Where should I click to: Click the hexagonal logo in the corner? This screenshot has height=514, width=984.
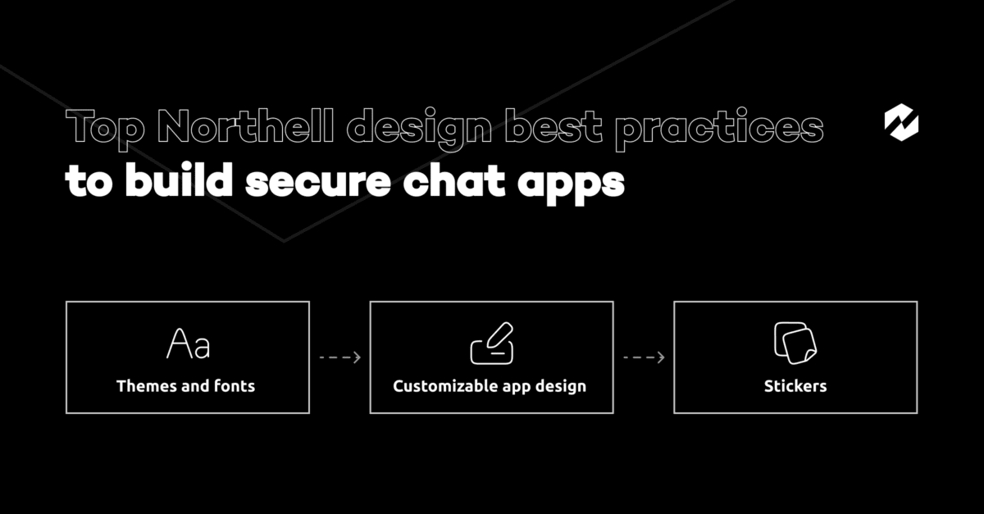(901, 123)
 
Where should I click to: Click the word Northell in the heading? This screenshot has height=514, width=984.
(245, 126)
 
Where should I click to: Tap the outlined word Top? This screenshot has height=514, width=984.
(105, 130)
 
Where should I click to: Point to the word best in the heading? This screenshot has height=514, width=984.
(554, 126)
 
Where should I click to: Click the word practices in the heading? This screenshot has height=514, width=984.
(720, 130)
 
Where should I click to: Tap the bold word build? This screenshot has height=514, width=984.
(179, 180)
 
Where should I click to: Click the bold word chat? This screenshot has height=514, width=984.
(454, 180)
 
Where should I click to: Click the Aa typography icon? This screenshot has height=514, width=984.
(189, 343)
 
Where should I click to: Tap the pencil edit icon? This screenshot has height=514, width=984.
(492, 343)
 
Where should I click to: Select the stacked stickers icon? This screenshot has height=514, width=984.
(795, 343)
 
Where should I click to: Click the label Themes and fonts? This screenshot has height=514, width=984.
(185, 386)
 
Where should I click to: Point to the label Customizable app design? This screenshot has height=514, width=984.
(490, 387)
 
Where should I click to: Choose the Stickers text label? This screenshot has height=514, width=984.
(795, 386)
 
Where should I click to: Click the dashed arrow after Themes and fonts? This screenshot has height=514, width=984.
(339, 357)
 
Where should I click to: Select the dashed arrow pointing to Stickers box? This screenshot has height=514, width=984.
(644, 357)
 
